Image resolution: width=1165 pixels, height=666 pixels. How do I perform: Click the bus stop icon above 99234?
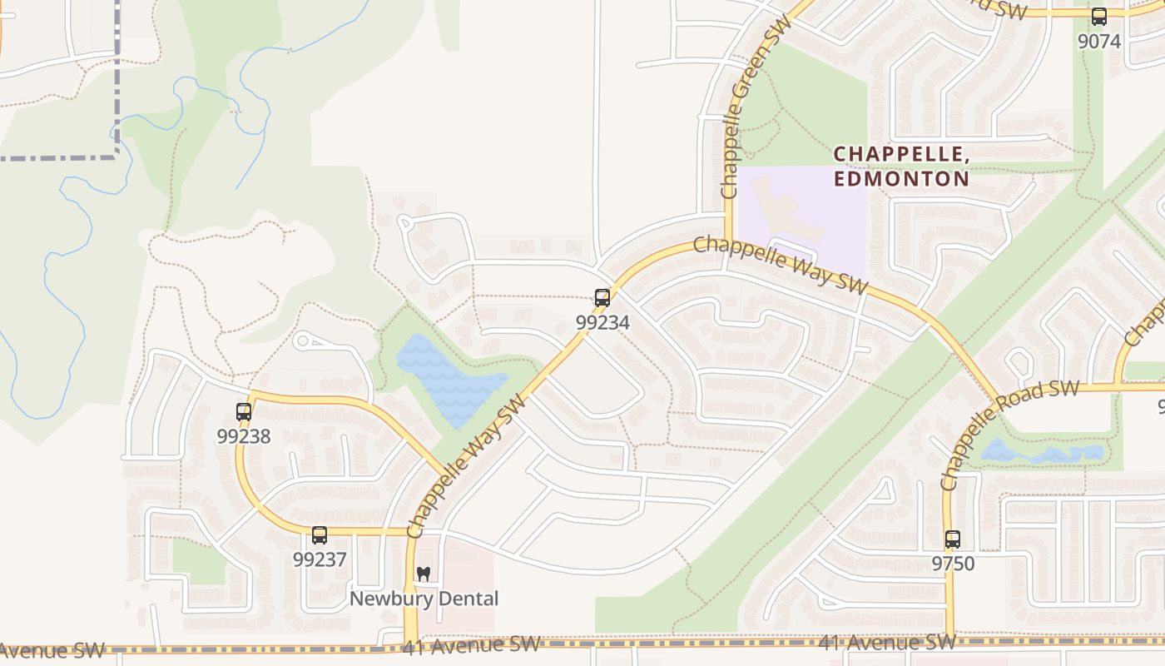point(602,298)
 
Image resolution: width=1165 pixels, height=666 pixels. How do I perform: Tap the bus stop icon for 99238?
point(244,411)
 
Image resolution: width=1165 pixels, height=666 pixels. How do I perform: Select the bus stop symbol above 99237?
point(320,535)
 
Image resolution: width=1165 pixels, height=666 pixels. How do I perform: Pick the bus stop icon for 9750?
point(953,539)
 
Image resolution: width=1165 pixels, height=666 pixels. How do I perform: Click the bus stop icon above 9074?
point(1099,17)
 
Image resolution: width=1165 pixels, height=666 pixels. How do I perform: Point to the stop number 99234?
point(602,322)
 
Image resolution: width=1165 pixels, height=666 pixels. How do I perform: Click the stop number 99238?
point(244,436)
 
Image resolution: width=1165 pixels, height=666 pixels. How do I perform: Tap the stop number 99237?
point(320,559)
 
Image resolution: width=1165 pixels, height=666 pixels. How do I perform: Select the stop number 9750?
point(953,564)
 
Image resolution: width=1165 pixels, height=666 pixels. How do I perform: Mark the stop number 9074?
point(1099,41)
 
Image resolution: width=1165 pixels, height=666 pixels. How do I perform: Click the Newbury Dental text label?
point(424,599)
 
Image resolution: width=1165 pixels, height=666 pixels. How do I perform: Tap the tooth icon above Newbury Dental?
point(424,574)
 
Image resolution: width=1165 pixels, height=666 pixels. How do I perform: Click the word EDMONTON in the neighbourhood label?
point(901,179)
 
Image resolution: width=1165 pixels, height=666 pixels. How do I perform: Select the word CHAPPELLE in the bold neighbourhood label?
point(901,154)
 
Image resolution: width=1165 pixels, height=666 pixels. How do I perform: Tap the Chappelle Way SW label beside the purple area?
point(780,264)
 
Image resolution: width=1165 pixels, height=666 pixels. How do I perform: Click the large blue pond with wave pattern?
point(449,379)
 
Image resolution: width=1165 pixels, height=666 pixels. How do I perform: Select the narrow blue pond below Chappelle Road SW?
point(1042,454)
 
